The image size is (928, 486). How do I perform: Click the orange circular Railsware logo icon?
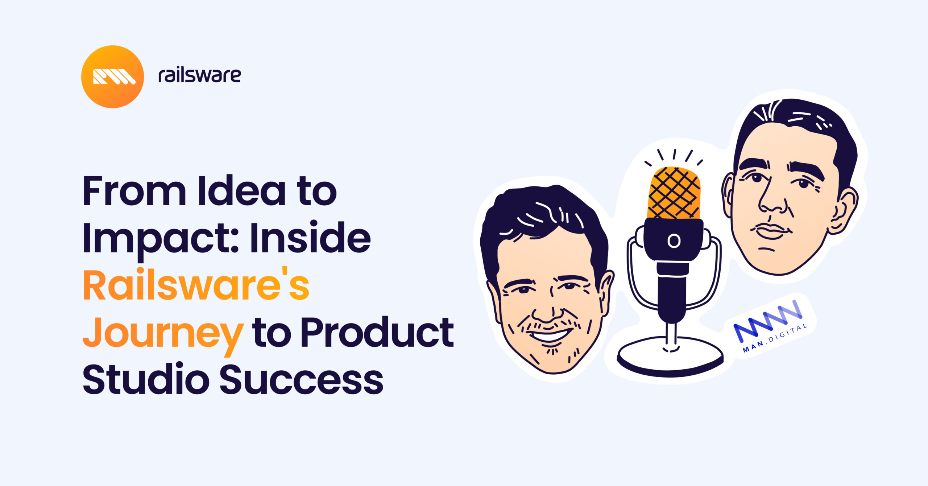[112, 77]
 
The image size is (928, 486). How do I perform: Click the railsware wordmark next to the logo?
[199, 75]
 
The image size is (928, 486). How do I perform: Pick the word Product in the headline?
[377, 332]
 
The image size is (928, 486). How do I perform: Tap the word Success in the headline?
[301, 379]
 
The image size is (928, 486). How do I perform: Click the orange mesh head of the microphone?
[674, 193]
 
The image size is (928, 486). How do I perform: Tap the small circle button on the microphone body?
[674, 241]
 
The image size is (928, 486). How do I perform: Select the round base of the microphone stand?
[670, 357]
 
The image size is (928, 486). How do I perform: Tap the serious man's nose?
[772, 203]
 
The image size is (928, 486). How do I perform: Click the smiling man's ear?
[605, 290]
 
